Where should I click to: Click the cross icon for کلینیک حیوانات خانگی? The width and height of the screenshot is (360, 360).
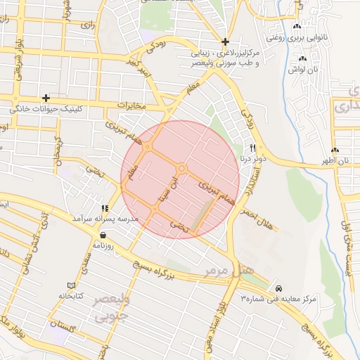coord(46,98)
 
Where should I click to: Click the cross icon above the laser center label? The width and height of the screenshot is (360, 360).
coord(225,41)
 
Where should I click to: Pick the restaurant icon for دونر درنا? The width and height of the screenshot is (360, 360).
coord(253,147)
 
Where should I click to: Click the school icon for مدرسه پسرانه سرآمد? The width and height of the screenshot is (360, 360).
coord(105,208)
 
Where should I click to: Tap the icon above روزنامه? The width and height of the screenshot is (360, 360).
coord(103,235)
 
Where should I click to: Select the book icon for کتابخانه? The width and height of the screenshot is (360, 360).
coord(70,285)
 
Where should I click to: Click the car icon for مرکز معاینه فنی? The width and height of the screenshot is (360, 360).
coord(279,288)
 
